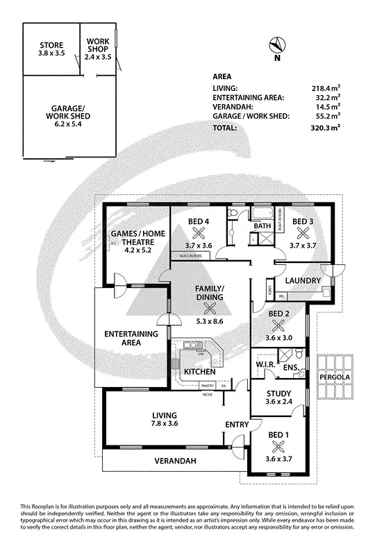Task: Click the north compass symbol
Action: (x=277, y=45)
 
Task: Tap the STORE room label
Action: (x=51, y=46)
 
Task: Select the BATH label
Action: (x=261, y=226)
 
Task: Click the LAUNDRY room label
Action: (x=302, y=280)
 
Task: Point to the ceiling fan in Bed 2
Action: (x=278, y=324)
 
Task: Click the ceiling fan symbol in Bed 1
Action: (x=278, y=445)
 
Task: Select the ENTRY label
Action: (x=237, y=424)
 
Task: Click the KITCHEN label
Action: (x=200, y=373)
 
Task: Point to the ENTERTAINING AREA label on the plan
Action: (x=131, y=339)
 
